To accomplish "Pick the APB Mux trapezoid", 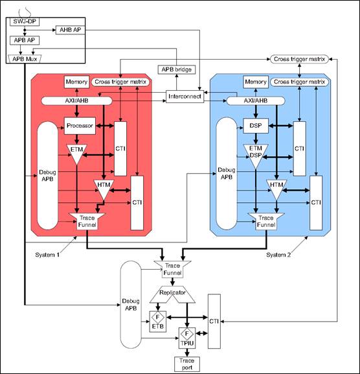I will (24, 58).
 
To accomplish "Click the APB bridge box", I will (175, 69).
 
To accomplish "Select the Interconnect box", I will (185, 96).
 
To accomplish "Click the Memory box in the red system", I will (76, 82).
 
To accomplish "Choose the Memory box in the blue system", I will (255, 82).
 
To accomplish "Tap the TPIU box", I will (186, 338).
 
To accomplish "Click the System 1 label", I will (49, 255).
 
